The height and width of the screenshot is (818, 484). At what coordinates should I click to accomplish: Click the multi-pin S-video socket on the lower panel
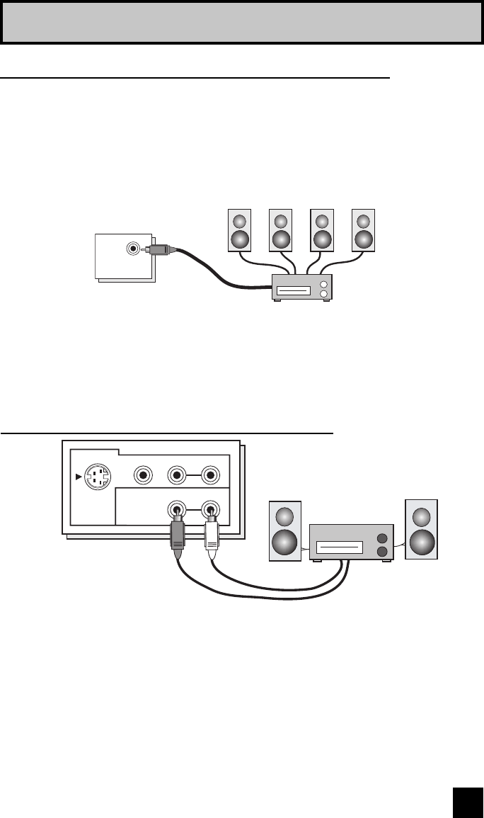click(96, 477)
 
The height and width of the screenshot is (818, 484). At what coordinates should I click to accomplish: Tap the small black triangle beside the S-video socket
click(78, 477)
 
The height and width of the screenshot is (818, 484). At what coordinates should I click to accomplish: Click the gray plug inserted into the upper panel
click(159, 249)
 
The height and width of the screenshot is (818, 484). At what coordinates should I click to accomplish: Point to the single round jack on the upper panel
click(133, 249)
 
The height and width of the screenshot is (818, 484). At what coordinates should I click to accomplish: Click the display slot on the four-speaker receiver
click(292, 290)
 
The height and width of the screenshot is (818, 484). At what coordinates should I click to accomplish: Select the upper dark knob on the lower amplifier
click(383, 538)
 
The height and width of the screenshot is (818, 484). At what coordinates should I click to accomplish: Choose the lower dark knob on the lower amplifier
click(383, 552)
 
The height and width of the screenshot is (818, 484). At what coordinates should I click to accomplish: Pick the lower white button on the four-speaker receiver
click(323, 294)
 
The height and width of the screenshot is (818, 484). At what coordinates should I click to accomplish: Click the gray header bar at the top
click(242, 22)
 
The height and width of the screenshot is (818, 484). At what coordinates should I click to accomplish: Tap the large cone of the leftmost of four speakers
click(240, 239)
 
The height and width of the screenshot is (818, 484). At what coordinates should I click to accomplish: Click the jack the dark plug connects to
click(178, 508)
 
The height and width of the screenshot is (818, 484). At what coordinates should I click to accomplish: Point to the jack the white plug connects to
click(210, 508)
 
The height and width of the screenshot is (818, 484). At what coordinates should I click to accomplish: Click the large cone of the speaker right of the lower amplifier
click(421, 543)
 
